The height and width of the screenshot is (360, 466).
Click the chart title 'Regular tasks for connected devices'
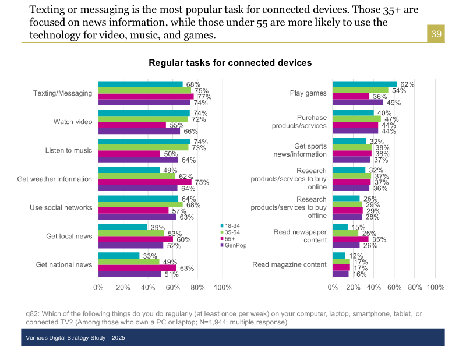[230, 63]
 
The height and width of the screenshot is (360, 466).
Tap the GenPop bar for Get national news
[129, 274]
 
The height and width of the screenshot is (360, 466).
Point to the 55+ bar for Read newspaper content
[351, 239]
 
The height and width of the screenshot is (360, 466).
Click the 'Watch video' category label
[73, 122]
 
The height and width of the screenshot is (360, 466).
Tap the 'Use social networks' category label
[61, 207]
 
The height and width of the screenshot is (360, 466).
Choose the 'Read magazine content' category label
[289, 264]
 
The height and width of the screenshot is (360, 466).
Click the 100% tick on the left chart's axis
[223, 287]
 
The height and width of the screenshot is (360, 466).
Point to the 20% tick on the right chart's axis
[354, 287]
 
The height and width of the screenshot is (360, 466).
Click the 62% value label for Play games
[407, 84]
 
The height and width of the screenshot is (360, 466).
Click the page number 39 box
[436, 34]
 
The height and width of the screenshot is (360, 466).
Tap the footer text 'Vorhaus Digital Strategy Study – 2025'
[75, 338]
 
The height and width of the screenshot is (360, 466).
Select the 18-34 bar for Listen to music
[144, 142]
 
